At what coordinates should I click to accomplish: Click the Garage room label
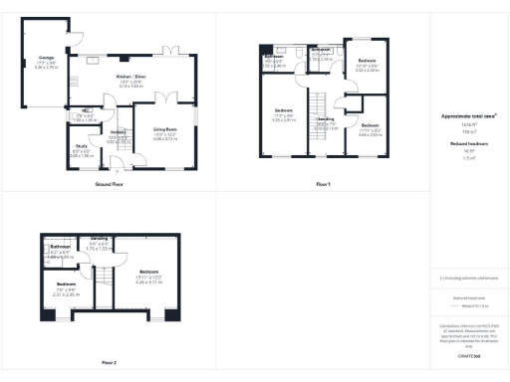[x=46, y=58]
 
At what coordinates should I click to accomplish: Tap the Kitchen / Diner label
[x=131, y=77]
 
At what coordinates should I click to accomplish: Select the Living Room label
[x=165, y=129]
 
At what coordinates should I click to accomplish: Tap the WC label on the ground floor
[x=87, y=110]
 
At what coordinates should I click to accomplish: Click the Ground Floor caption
[x=109, y=185]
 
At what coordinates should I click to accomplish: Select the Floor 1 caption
[x=322, y=185]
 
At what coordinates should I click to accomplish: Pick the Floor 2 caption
[x=109, y=362]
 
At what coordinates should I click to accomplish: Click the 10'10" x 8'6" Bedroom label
[x=366, y=62]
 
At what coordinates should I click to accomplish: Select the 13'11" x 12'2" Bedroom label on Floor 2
[x=149, y=272]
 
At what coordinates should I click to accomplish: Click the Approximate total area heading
[x=468, y=115]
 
